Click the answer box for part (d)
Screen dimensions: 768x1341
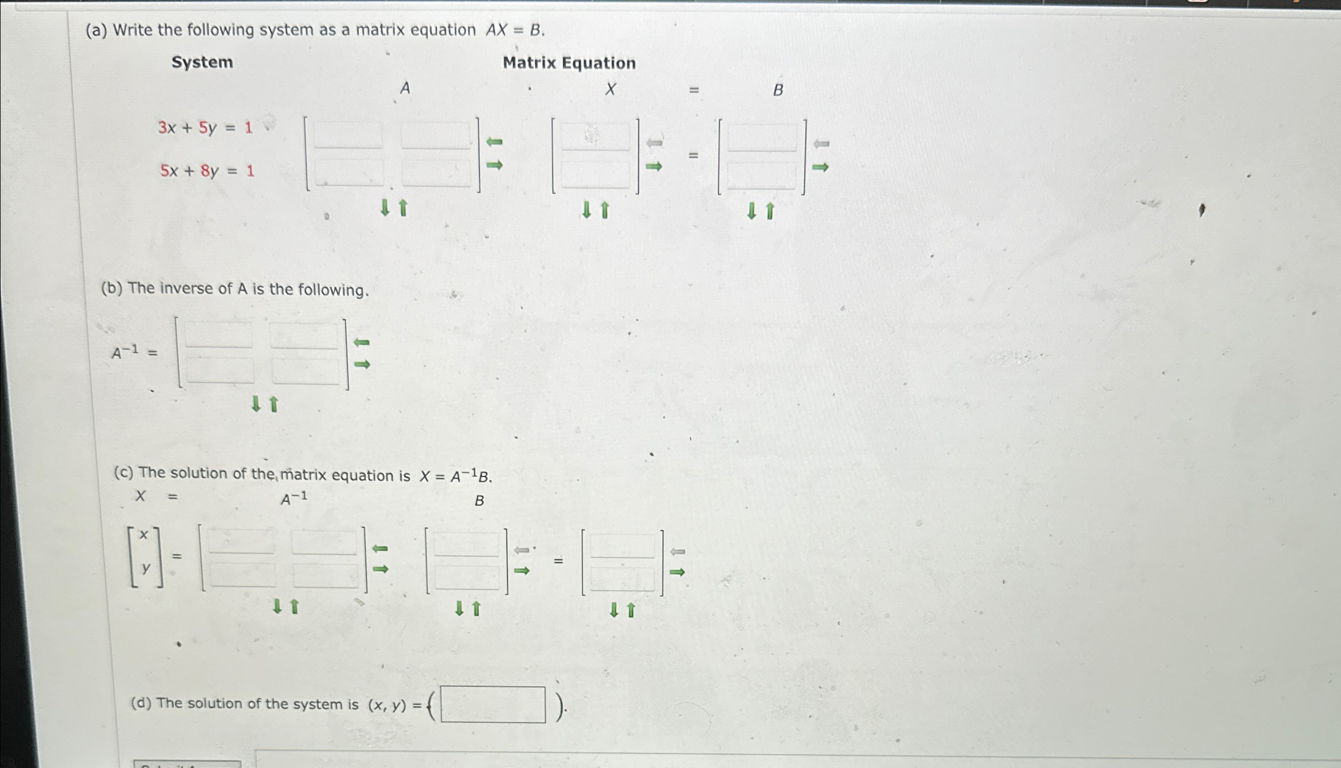point(493,704)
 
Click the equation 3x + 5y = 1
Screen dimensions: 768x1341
point(205,128)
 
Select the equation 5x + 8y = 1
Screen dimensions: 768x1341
point(207,170)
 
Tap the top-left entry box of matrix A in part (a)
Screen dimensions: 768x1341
point(348,136)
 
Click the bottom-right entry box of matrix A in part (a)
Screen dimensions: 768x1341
point(436,174)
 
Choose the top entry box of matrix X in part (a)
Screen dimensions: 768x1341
point(595,137)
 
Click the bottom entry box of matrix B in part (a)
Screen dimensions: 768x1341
point(761,176)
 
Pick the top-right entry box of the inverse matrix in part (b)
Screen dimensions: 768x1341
point(304,336)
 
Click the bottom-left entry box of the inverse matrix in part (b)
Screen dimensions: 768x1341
point(220,371)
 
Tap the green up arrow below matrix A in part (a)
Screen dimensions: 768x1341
point(403,208)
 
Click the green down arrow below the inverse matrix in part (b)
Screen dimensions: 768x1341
point(256,404)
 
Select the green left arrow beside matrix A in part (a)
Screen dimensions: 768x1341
point(494,142)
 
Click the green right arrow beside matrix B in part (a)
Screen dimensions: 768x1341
point(820,167)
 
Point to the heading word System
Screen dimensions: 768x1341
point(202,62)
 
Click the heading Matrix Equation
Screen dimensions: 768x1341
point(569,63)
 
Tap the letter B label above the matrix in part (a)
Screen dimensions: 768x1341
point(778,90)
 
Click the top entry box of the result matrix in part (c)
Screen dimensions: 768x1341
point(622,546)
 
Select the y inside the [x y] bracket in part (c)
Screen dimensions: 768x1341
point(146,568)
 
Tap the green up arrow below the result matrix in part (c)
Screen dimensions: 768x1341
point(631,610)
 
